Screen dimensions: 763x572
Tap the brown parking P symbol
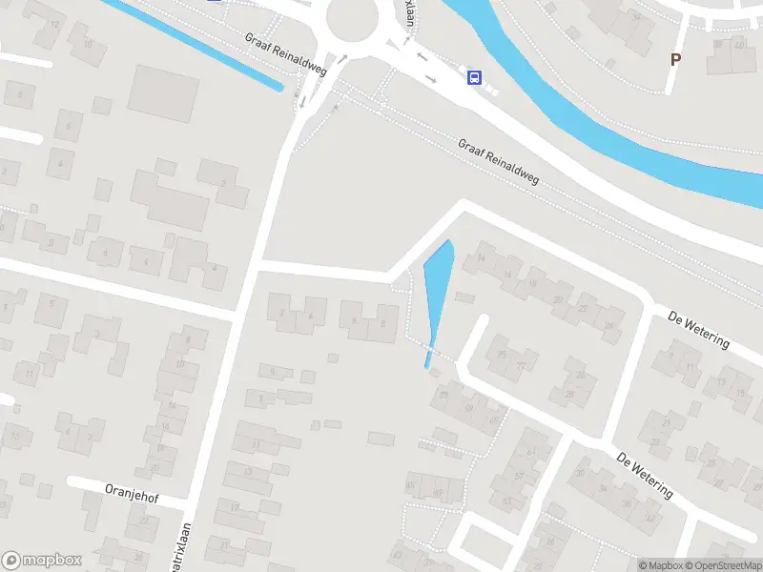pos(675,59)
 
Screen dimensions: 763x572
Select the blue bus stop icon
pos(473,77)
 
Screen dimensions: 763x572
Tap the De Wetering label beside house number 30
pos(645,476)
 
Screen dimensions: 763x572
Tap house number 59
pos(467,407)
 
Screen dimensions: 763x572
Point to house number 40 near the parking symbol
pos(740,45)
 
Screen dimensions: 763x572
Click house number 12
pos(53,25)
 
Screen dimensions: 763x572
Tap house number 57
pos(520,476)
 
